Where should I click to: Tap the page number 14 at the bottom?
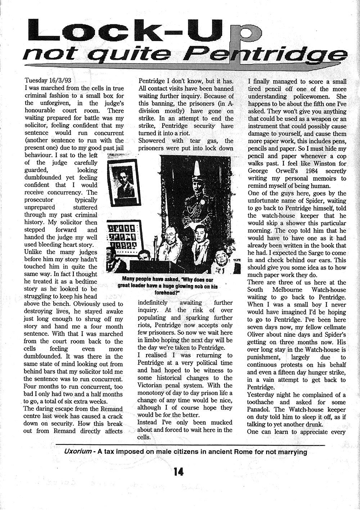click(179, 471)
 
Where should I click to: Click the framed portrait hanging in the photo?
click(124, 183)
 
